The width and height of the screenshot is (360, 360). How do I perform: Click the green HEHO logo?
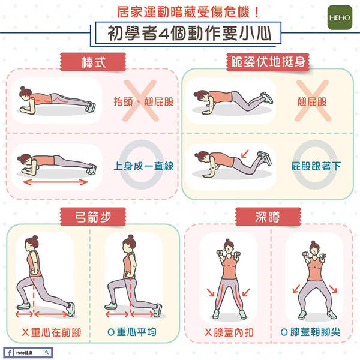point(340,17)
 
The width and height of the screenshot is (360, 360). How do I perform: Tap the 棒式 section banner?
point(93,62)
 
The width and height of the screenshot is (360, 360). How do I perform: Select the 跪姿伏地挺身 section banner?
point(268,62)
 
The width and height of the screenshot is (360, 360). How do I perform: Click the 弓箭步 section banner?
point(93,217)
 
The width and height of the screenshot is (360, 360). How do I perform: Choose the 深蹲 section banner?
point(268,217)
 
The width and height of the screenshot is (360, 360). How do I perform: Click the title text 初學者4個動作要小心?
point(190,34)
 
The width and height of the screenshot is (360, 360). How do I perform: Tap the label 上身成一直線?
point(143,166)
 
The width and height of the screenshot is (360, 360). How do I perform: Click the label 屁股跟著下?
point(316,166)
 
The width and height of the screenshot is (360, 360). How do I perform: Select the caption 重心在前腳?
point(56,332)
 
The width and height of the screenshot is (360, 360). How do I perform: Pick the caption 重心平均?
point(136,332)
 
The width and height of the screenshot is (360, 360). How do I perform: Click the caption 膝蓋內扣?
point(233,332)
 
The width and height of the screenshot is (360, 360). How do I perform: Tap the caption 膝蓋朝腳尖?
point(315,332)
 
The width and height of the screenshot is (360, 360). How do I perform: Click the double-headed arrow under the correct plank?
point(56,182)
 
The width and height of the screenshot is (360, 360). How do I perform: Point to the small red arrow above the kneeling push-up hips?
point(245,154)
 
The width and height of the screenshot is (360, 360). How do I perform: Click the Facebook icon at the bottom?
point(9,352)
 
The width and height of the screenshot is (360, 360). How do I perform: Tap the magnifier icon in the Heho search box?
point(47,352)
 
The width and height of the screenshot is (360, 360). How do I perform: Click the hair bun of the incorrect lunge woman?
point(35,238)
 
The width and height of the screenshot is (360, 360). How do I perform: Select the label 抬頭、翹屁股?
point(143,101)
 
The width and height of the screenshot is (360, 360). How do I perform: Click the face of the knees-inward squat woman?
point(228,248)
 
